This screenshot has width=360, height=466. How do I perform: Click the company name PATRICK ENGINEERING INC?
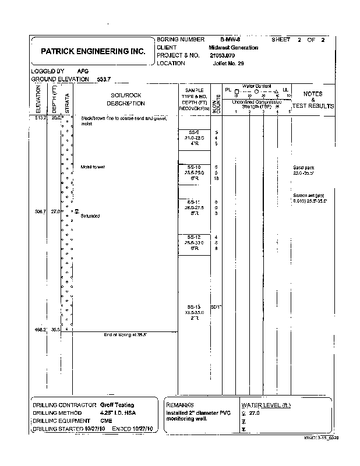93,51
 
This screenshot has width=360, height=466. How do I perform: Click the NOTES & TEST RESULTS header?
313,100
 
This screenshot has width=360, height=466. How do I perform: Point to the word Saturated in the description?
90,216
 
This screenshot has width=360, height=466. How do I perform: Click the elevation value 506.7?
37,211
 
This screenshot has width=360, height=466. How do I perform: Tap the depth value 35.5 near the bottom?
55,329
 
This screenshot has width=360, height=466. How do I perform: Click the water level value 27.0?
253,413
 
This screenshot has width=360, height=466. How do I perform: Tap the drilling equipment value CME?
105,420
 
